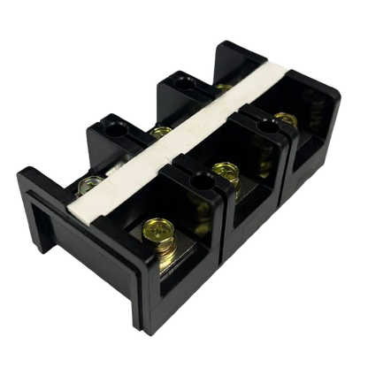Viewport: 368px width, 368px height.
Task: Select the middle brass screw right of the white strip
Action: point(224,169)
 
